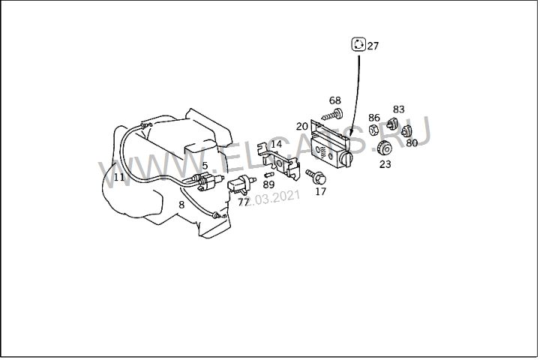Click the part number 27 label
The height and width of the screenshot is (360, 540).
373,46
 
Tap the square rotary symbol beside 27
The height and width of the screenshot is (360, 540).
358,44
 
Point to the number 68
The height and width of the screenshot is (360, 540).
334,100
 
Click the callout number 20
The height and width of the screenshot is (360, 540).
302,127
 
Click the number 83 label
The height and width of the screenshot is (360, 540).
398,109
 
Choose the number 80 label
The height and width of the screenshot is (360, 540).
412,143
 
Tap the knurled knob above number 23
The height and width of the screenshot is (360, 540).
385,148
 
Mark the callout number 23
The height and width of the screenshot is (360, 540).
385,165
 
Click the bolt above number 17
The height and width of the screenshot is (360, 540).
314,176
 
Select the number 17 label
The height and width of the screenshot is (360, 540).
320,191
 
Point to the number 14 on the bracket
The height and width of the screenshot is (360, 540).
277,144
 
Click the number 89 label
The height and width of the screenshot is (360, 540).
268,184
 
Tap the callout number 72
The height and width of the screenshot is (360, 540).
244,202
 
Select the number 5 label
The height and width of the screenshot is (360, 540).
205,166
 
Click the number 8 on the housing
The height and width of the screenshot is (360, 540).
181,204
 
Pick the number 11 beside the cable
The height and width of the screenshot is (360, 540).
120,178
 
